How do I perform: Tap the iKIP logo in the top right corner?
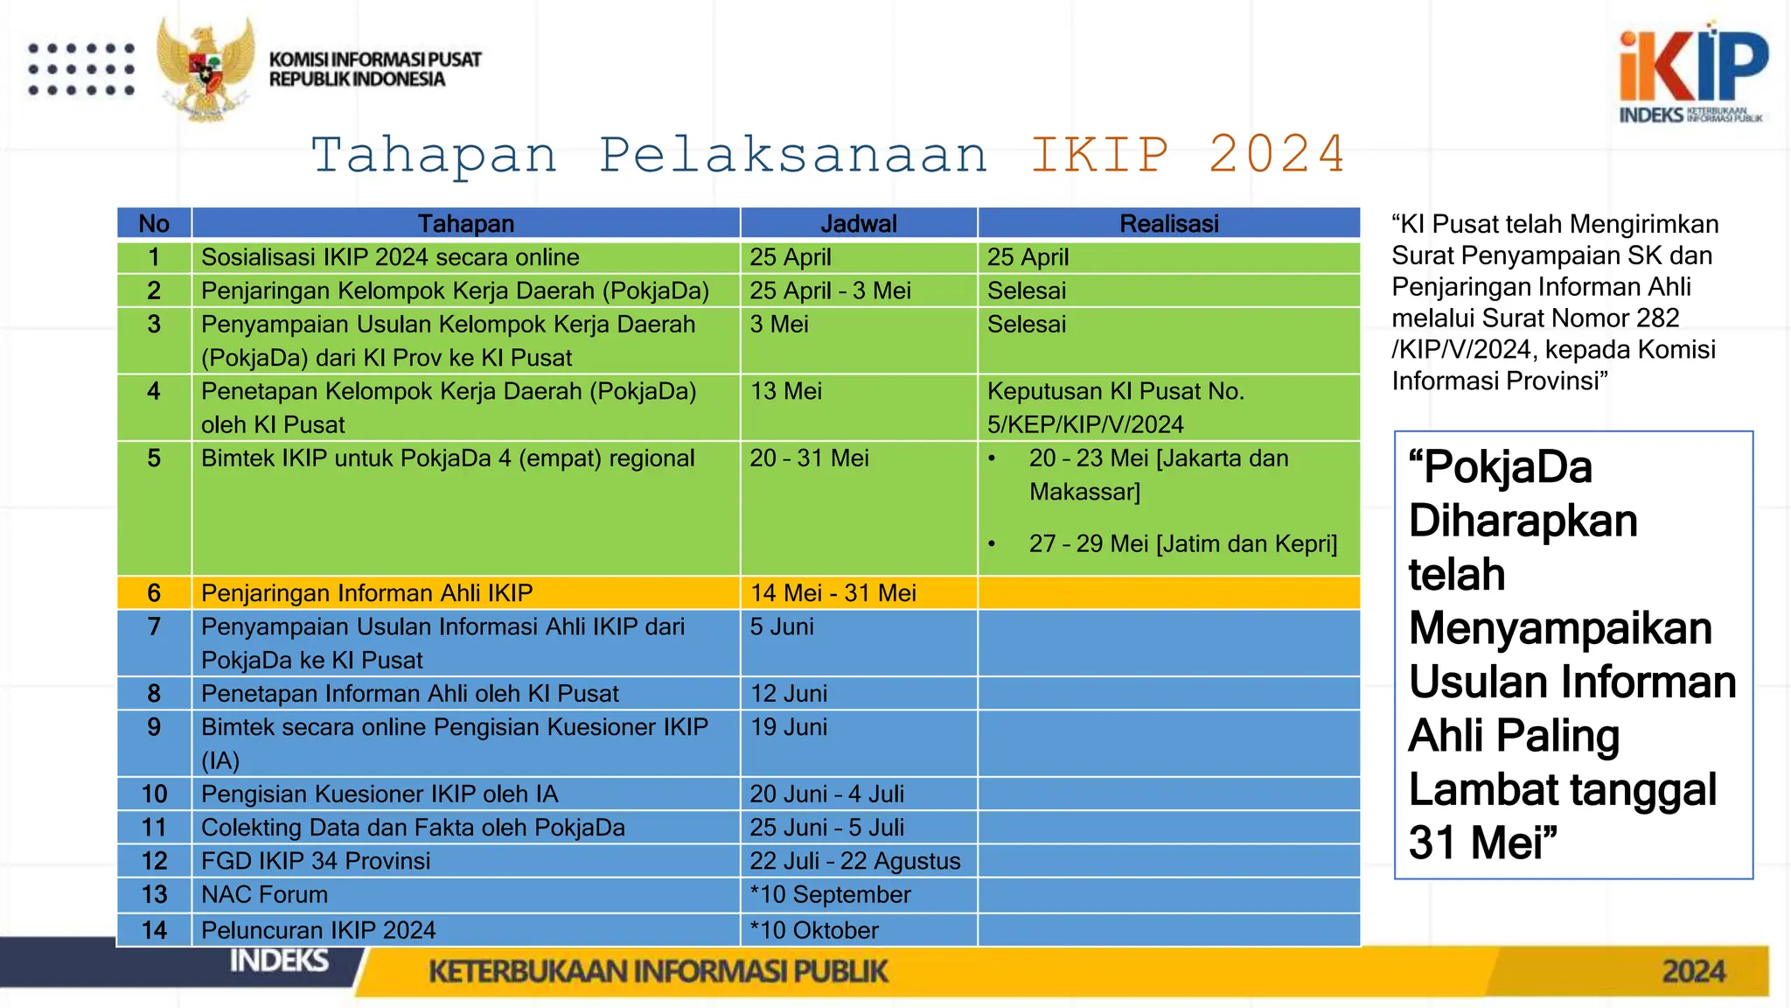tap(1693, 73)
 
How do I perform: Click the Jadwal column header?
tap(858, 224)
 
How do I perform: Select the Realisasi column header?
tap(1168, 224)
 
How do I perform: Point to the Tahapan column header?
tap(465, 224)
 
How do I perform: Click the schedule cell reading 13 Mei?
tap(786, 391)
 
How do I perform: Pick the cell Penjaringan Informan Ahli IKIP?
tap(367, 593)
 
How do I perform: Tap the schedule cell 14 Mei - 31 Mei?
tap(833, 593)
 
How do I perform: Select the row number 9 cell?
tap(154, 727)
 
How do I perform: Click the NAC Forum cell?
tap(265, 894)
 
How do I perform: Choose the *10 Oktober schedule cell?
tap(814, 930)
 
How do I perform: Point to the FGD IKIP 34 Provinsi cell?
tap(316, 861)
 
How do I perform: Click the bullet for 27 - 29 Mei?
tap(992, 544)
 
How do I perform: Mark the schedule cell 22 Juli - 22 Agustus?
tap(854, 861)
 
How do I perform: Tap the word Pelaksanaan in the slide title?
tap(793, 156)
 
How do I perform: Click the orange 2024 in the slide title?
tap(1276, 156)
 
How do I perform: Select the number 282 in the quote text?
tap(1655, 318)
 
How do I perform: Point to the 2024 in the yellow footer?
tap(1693, 971)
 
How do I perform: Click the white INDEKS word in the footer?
tap(279, 961)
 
